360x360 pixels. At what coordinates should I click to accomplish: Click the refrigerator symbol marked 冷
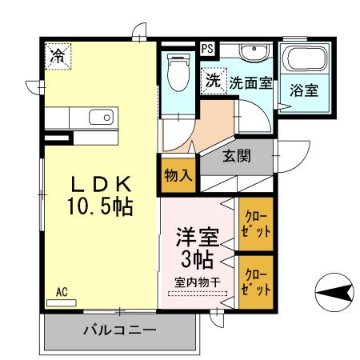click(58, 56)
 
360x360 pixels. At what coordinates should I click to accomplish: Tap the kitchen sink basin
click(101, 118)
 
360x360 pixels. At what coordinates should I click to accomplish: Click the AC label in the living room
click(62, 292)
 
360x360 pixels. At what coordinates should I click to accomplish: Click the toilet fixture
click(176, 73)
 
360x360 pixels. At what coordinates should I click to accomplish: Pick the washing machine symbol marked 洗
click(213, 81)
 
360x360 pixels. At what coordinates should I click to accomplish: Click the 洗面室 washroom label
click(250, 82)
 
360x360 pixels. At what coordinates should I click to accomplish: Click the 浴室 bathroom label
click(306, 90)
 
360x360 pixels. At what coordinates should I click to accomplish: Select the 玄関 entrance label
click(237, 156)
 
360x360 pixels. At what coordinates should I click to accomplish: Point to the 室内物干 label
click(198, 282)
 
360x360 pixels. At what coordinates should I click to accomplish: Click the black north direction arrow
click(335, 293)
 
